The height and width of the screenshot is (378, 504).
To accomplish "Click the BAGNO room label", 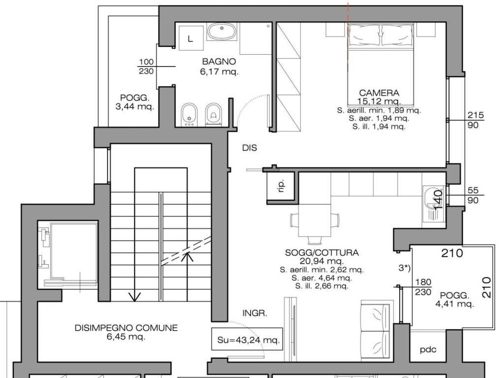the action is coord(219,61).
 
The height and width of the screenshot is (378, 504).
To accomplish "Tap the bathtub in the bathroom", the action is coord(222,32).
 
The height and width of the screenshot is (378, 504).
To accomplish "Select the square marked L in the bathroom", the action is coord(191,38).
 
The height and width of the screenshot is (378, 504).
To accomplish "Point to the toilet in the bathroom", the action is coord(213,114).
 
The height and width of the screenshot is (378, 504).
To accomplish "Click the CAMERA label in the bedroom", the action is coord(379,93).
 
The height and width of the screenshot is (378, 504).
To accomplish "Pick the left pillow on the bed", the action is coord(364,35).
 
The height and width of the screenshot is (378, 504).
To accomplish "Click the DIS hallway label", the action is coord(250,148).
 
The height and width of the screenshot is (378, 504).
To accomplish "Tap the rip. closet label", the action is coord(281,186).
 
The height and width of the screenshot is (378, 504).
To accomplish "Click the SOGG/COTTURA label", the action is coord(322,252).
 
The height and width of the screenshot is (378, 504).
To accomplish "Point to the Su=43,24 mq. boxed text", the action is coord(247,339).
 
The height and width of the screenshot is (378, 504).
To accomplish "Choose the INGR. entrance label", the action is coord(254,313).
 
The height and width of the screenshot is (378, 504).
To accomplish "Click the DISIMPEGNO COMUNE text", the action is coord(126,328).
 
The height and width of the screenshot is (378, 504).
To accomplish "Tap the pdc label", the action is coord(428,349).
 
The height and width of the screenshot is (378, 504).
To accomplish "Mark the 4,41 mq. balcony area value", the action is coord(454,303).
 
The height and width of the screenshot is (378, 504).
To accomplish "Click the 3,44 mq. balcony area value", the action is coord(135,106).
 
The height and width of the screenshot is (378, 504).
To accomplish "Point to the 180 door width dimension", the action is coord(423,282).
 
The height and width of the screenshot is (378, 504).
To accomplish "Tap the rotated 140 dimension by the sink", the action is coord(439,200).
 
